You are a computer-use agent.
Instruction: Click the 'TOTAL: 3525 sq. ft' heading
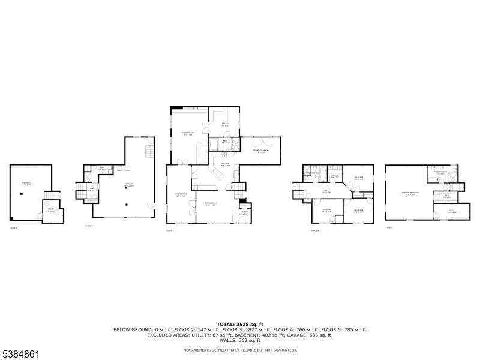coord(240,324)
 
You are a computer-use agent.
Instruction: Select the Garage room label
coord(128,185)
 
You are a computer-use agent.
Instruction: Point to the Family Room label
coord(188,133)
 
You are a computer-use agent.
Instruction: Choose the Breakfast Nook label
coord(259,152)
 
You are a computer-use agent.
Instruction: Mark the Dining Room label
coord(181,195)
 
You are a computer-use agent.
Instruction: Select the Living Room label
coord(211,204)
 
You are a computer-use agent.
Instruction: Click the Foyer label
coord(243,212)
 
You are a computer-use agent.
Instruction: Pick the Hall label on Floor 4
coord(326,192)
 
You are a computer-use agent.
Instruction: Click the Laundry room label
coord(335,176)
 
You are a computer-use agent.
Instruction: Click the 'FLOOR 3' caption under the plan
coord(170,230)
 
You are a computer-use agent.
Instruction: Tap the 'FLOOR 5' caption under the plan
coord(388,227)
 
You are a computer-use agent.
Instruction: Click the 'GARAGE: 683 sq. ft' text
coord(314,335)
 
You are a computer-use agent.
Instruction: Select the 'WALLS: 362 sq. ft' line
coord(240,340)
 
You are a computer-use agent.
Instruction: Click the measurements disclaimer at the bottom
coord(240,349)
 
